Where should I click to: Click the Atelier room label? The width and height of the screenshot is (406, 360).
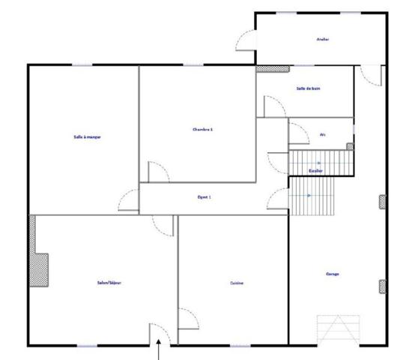click(x=323, y=39)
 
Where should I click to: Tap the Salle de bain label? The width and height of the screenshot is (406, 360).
click(x=309, y=88)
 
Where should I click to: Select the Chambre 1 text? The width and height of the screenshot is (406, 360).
click(x=203, y=129)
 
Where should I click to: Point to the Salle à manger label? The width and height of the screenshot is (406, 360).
click(x=88, y=136)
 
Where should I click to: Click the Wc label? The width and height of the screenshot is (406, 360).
click(x=323, y=135)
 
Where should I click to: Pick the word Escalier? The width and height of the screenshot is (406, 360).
click(x=315, y=170)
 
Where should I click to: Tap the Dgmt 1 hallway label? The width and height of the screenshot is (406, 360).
click(x=204, y=197)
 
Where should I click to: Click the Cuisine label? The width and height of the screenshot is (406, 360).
click(x=237, y=283)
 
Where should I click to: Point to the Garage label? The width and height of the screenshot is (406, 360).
click(x=333, y=274)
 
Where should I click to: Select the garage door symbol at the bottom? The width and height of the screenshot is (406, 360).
click(x=339, y=328)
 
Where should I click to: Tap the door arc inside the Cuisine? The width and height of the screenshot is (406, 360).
click(x=187, y=317)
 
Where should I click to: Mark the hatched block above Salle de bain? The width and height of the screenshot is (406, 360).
click(x=273, y=69)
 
